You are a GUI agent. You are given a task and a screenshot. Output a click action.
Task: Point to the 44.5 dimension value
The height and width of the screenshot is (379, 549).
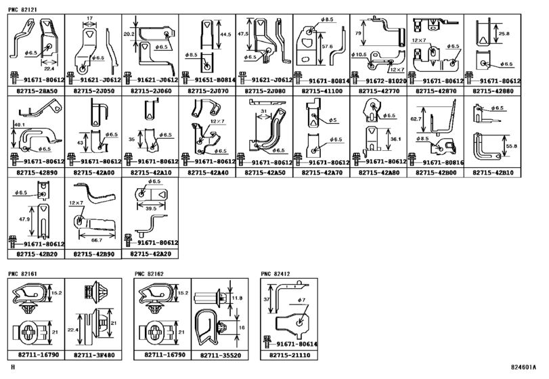pyautogui.click(x=225, y=34)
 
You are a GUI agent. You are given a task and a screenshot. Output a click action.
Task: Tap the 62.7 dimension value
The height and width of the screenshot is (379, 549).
pyautogui.click(x=416, y=118)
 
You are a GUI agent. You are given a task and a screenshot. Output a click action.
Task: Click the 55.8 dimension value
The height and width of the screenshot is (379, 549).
pyautogui.click(x=511, y=146)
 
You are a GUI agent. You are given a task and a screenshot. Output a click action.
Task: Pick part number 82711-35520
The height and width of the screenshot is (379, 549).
pyautogui.click(x=219, y=355)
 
